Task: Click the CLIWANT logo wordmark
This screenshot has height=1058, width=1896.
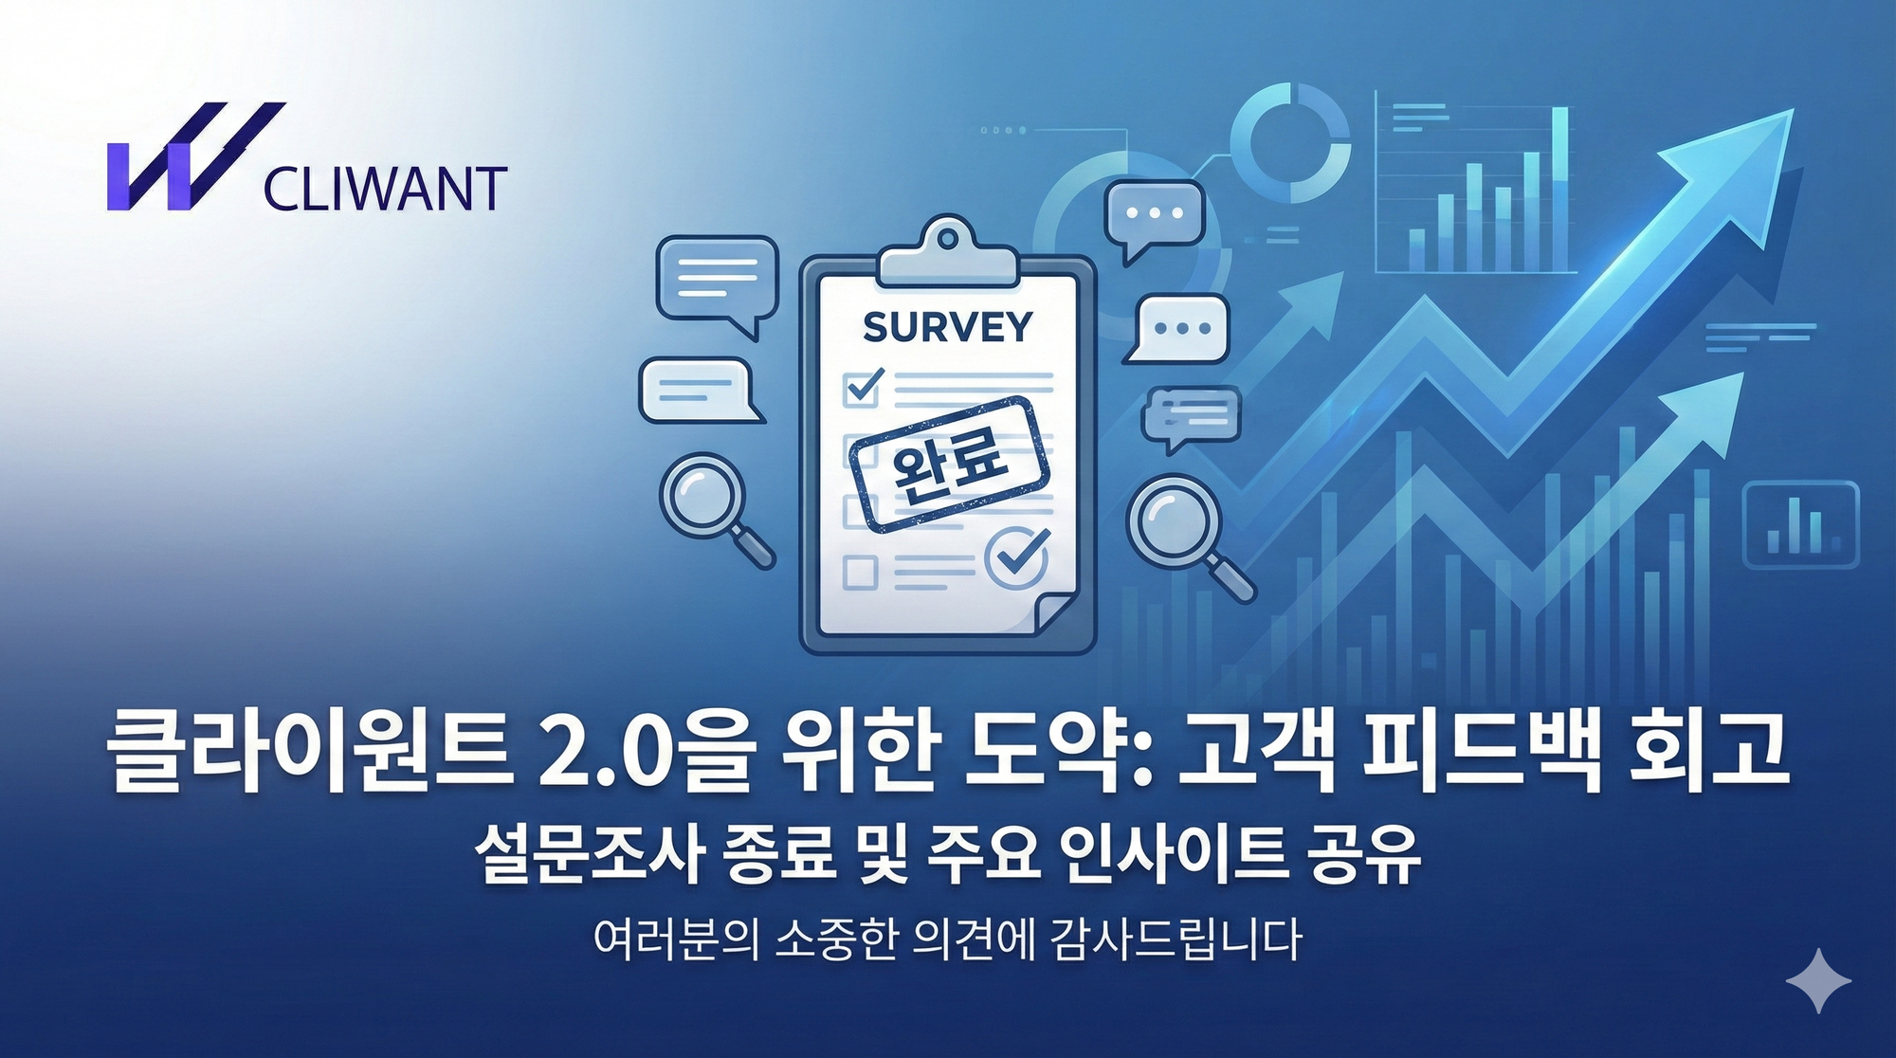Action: (385, 189)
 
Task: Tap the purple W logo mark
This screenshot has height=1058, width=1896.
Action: (190, 157)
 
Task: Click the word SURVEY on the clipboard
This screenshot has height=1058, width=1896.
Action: (947, 327)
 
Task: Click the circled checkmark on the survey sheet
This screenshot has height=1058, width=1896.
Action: (1016, 556)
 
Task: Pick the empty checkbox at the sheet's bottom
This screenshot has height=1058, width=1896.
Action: (860, 573)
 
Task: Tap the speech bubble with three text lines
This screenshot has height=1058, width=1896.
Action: (717, 281)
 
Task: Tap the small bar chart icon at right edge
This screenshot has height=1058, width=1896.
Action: (1800, 524)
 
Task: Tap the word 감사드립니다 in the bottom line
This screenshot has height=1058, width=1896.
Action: (1176, 939)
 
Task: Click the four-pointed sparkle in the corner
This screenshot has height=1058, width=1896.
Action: (1818, 980)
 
